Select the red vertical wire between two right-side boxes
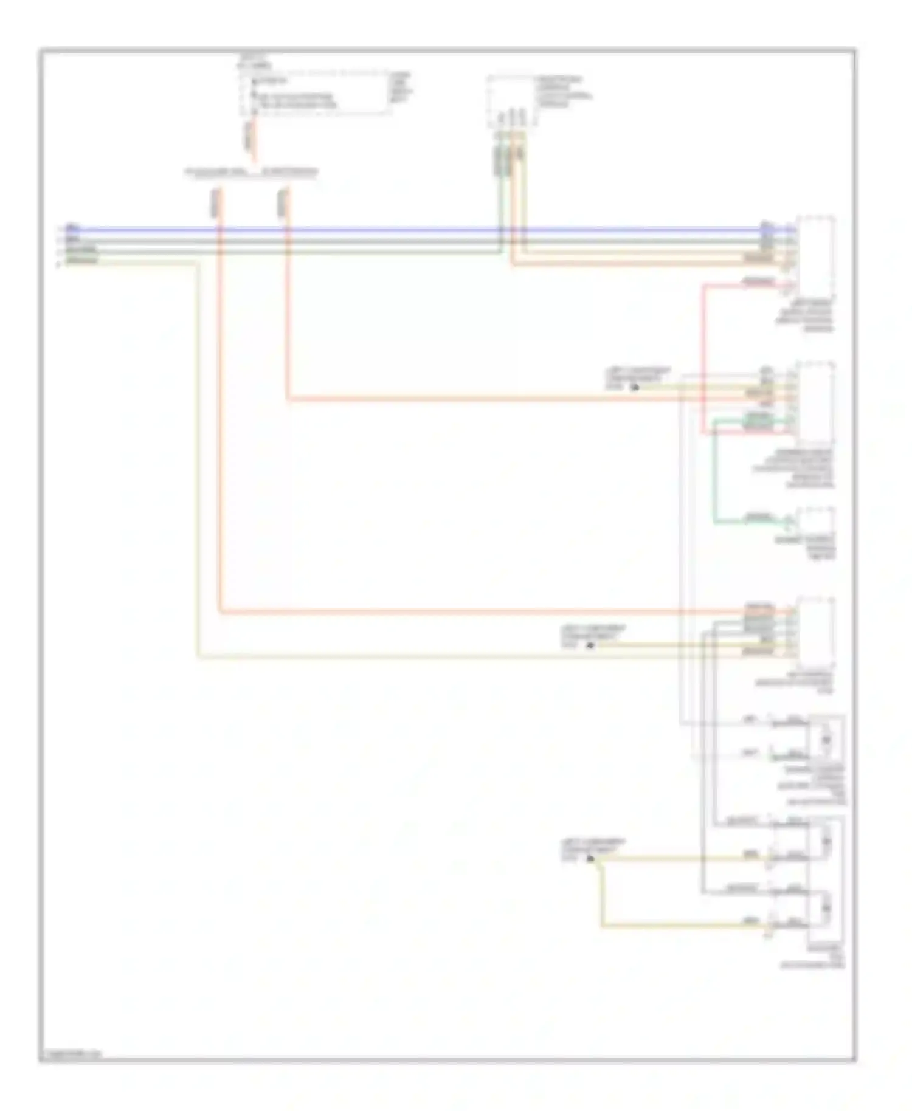703,359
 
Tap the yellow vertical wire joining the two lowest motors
602,893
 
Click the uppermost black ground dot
635,387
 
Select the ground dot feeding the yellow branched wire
590,858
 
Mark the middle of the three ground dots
589,645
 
